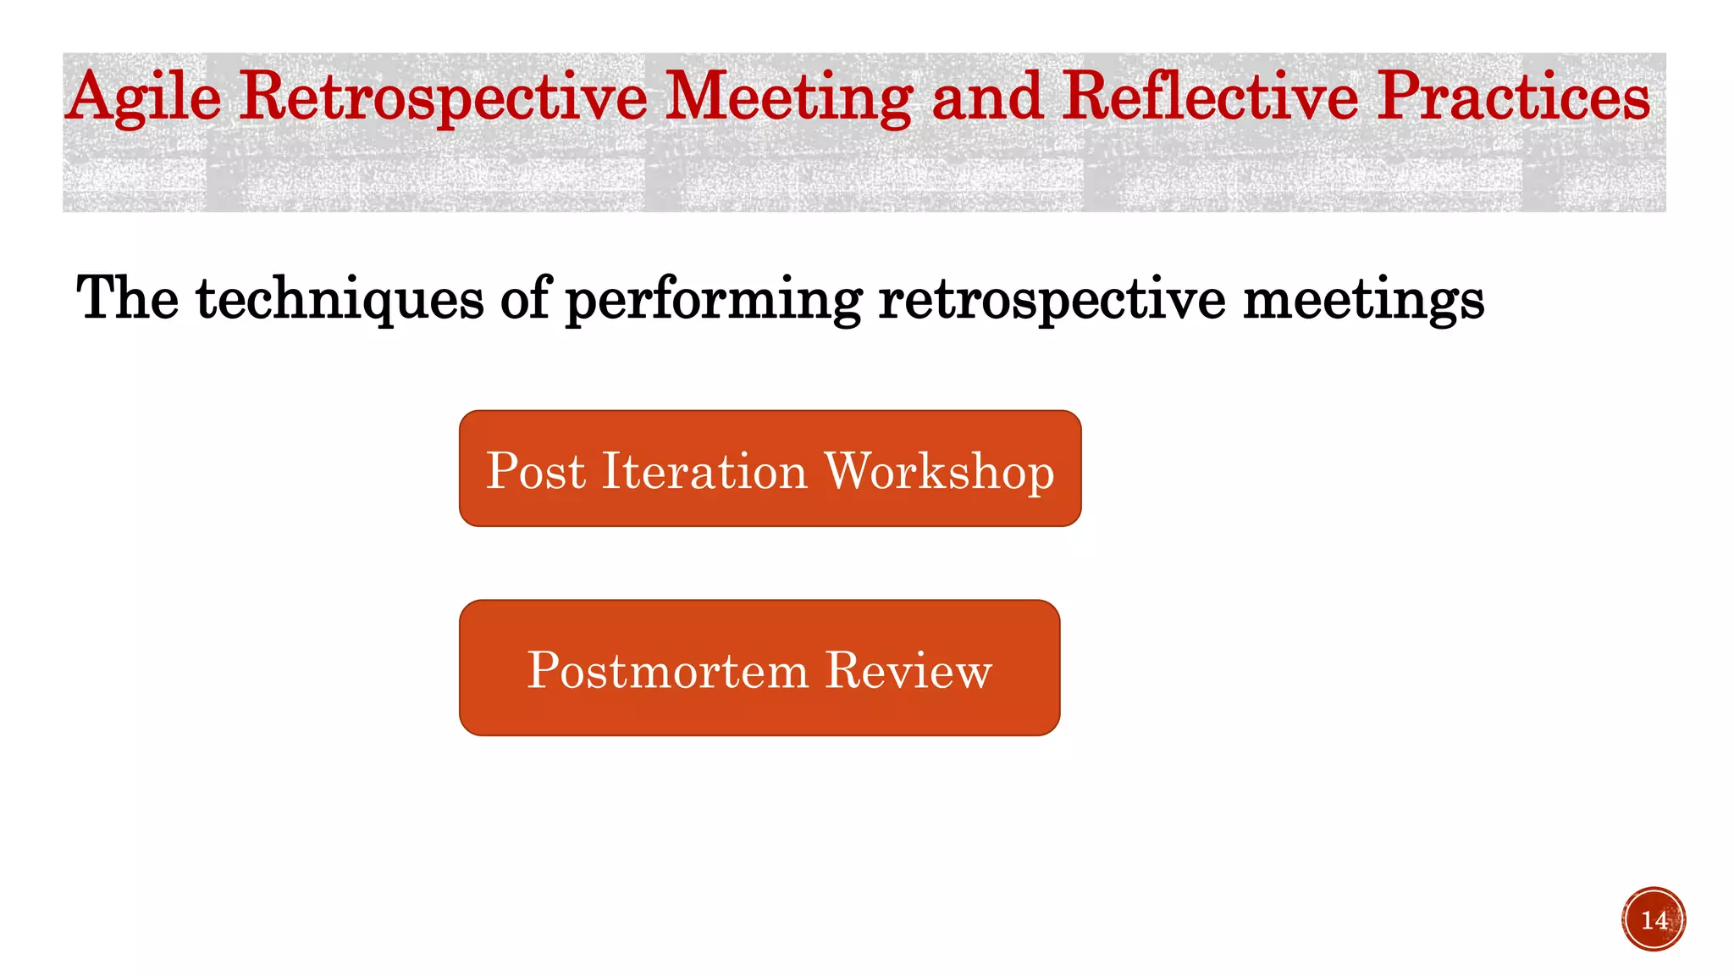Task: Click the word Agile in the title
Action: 144,98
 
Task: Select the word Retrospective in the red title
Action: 443,98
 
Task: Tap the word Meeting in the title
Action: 788,98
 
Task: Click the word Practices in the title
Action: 1514,97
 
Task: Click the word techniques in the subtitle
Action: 340,300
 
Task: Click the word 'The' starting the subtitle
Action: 127,298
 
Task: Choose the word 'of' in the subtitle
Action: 526,298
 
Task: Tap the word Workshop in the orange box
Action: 940,472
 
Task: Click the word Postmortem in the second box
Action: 668,670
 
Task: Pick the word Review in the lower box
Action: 908,670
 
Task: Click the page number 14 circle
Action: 1654,919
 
